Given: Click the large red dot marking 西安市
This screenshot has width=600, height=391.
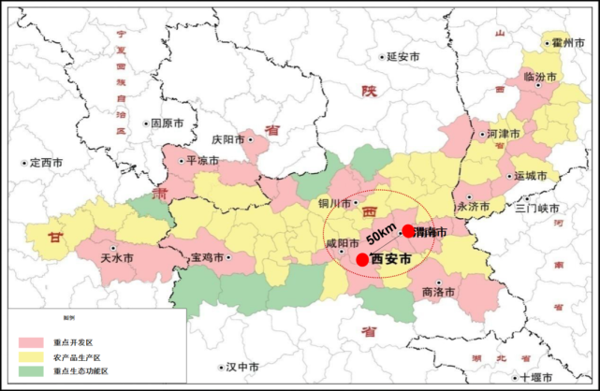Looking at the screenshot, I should click(362, 259).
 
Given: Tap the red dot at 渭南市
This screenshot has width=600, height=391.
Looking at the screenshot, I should click(408, 230).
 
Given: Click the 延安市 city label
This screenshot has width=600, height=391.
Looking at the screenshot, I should click(403, 57).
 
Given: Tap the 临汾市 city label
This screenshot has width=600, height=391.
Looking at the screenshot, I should click(540, 76).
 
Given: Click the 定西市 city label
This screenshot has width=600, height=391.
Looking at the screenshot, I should click(45, 162).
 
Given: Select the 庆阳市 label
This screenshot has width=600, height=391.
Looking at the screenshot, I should click(228, 139).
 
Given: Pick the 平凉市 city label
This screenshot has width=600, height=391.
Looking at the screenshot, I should click(202, 161).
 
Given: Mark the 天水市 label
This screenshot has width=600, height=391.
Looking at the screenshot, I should click(116, 257).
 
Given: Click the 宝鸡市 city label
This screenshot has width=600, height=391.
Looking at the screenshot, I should click(208, 258).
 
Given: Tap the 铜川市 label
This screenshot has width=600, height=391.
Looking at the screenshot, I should click(334, 203).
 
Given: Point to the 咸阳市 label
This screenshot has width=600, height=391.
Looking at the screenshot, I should click(342, 244).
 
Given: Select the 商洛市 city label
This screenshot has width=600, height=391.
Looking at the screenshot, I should click(439, 292).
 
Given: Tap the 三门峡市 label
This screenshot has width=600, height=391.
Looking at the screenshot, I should click(536, 208).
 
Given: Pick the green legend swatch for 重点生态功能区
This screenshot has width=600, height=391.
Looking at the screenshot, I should click(32, 371).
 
